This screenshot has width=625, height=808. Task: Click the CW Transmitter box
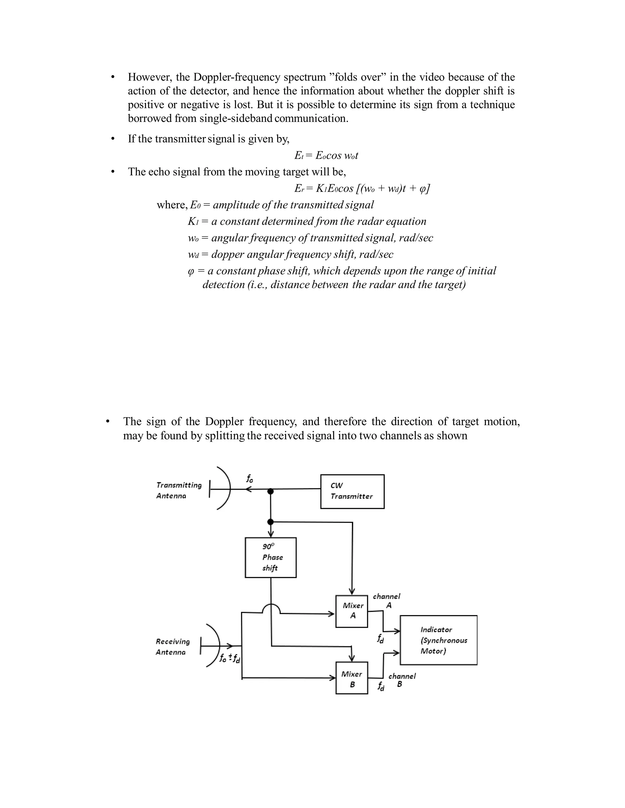point(352,491)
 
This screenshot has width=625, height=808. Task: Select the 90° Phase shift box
point(271,557)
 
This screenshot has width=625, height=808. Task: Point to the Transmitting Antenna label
point(179,490)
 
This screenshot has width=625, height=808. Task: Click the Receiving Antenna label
point(172,647)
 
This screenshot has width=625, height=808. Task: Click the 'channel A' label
point(387,601)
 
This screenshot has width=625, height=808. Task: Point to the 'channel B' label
point(402,680)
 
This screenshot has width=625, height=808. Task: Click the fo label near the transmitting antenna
point(250,479)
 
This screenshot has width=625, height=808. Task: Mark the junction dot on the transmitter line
point(271,491)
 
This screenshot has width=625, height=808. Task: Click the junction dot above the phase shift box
point(271,522)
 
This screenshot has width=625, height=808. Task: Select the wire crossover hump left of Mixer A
point(271,609)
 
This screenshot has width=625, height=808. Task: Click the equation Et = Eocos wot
point(326,156)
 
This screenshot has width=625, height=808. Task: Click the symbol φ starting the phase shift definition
point(191,271)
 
